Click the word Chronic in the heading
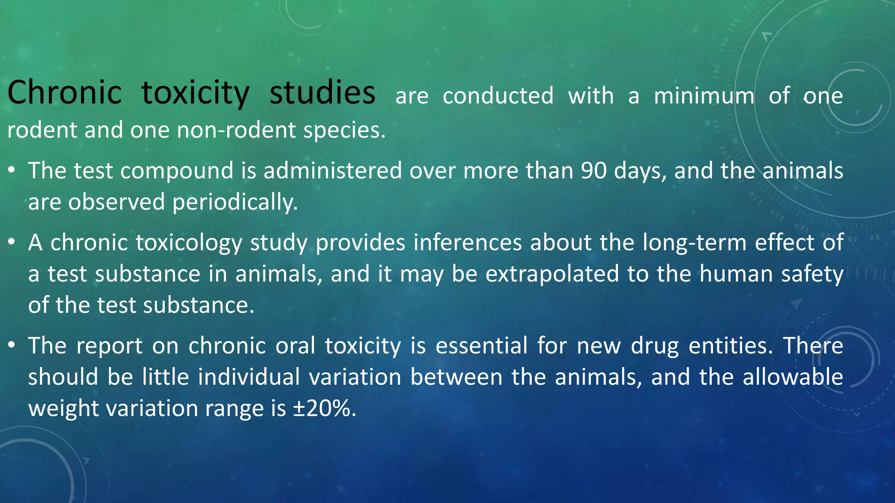(64, 93)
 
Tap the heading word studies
(322, 93)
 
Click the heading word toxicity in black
(195, 93)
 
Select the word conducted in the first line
(498, 96)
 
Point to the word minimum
(704, 96)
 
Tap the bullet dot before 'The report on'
(12, 345)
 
